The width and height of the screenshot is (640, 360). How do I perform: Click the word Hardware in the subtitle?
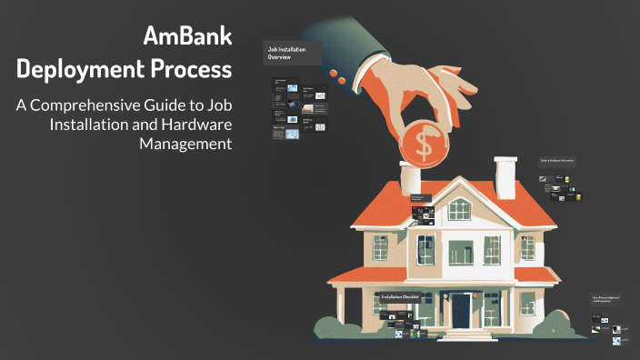(195, 124)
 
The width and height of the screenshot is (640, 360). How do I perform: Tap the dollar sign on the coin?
(424, 141)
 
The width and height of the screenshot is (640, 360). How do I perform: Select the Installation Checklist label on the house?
(397, 297)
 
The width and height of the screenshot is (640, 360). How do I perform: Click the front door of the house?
(462, 309)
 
